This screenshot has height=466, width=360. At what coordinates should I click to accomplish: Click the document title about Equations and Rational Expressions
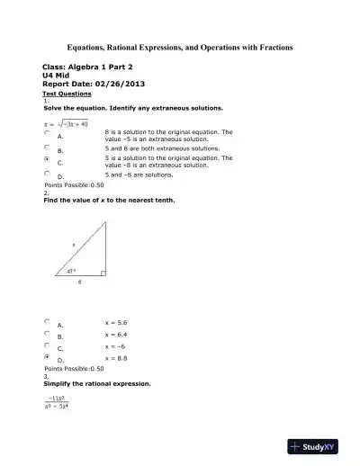tap(180, 46)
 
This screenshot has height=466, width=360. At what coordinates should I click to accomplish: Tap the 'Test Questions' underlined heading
tap(63, 94)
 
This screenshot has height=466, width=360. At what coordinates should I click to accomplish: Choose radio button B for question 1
tap(47, 147)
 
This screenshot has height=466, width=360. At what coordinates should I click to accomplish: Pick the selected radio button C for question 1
tap(47, 159)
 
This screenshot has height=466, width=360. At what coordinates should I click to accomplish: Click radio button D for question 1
tap(47, 173)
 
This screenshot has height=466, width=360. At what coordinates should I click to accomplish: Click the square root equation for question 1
tap(67, 122)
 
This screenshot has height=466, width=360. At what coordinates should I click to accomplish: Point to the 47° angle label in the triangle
tap(73, 270)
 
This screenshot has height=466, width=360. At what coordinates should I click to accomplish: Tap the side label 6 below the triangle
tap(79, 282)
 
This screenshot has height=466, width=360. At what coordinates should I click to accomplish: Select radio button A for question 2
tap(47, 321)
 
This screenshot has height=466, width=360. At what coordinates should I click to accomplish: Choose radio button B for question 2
tap(47, 333)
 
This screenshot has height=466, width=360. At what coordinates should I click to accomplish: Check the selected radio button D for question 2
tap(47, 357)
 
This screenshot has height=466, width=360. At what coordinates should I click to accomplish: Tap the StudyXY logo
tap(319, 446)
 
